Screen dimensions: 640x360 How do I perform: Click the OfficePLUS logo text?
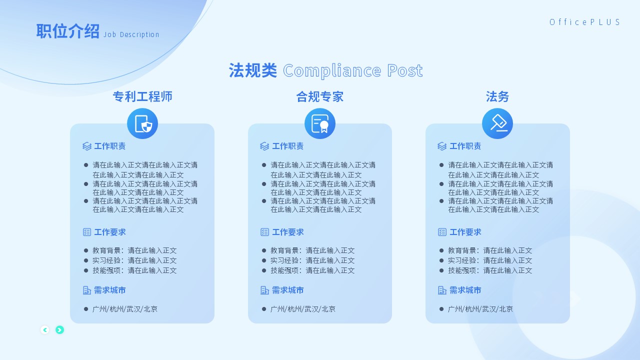[x=584, y=22]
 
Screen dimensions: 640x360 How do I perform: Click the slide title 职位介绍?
[x=67, y=31]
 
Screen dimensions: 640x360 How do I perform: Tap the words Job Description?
[x=131, y=34]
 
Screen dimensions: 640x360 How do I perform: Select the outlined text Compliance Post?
[x=353, y=70]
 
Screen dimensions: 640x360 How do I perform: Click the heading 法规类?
[x=253, y=70]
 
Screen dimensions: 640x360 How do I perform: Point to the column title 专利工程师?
[x=142, y=96]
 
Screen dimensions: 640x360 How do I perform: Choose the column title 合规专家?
[x=320, y=96]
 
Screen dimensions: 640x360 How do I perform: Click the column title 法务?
[x=497, y=96]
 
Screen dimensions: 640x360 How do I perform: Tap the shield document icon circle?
[x=142, y=123]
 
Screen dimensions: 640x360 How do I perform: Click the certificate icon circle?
[x=320, y=123]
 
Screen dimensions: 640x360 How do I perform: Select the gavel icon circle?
[x=497, y=123]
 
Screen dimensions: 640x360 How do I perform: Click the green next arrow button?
[x=59, y=330]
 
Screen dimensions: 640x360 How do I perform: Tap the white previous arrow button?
[x=45, y=330]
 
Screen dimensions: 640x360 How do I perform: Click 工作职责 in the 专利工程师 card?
[x=110, y=146]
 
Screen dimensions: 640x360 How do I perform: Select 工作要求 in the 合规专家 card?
[x=287, y=232]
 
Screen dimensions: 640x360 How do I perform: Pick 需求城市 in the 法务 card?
[x=465, y=290]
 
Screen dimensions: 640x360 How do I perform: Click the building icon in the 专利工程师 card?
[x=87, y=290]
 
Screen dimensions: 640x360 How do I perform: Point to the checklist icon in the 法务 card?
[x=442, y=232]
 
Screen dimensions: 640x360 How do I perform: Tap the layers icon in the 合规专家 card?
[x=264, y=146]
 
